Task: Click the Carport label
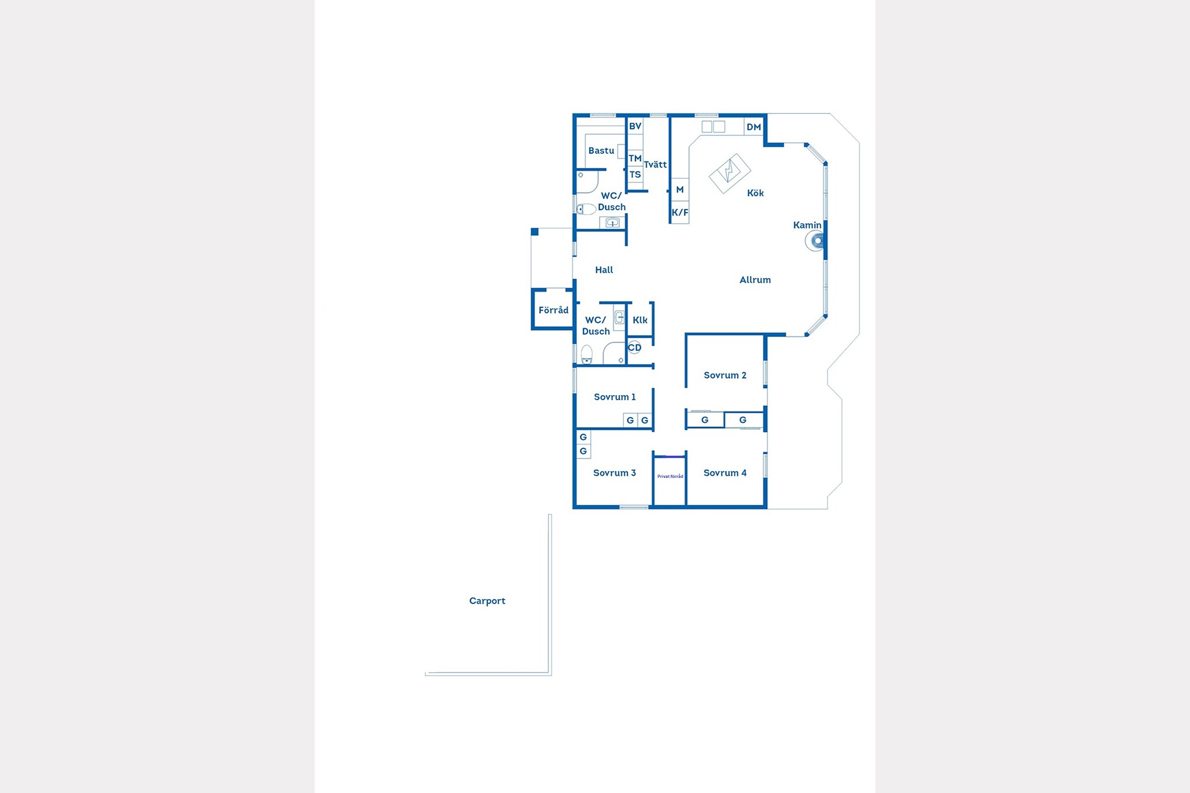click(x=487, y=601)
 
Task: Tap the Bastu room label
click(x=601, y=150)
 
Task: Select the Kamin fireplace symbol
click(x=815, y=241)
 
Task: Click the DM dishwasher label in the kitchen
click(x=754, y=127)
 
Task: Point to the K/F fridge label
click(x=680, y=212)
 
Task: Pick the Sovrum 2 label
click(x=725, y=375)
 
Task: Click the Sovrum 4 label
click(x=725, y=473)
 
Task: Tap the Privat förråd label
click(x=670, y=476)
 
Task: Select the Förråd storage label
click(x=553, y=310)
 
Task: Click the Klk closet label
click(x=640, y=320)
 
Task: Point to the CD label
click(x=635, y=347)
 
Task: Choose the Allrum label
click(x=755, y=280)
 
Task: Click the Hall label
click(x=604, y=270)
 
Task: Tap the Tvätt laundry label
click(x=655, y=164)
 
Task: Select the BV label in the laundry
click(x=635, y=126)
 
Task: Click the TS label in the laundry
click(x=635, y=174)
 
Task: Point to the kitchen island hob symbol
click(x=730, y=173)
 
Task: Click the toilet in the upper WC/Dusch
click(x=586, y=209)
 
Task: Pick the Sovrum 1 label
click(x=615, y=397)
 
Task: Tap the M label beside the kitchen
click(x=680, y=189)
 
